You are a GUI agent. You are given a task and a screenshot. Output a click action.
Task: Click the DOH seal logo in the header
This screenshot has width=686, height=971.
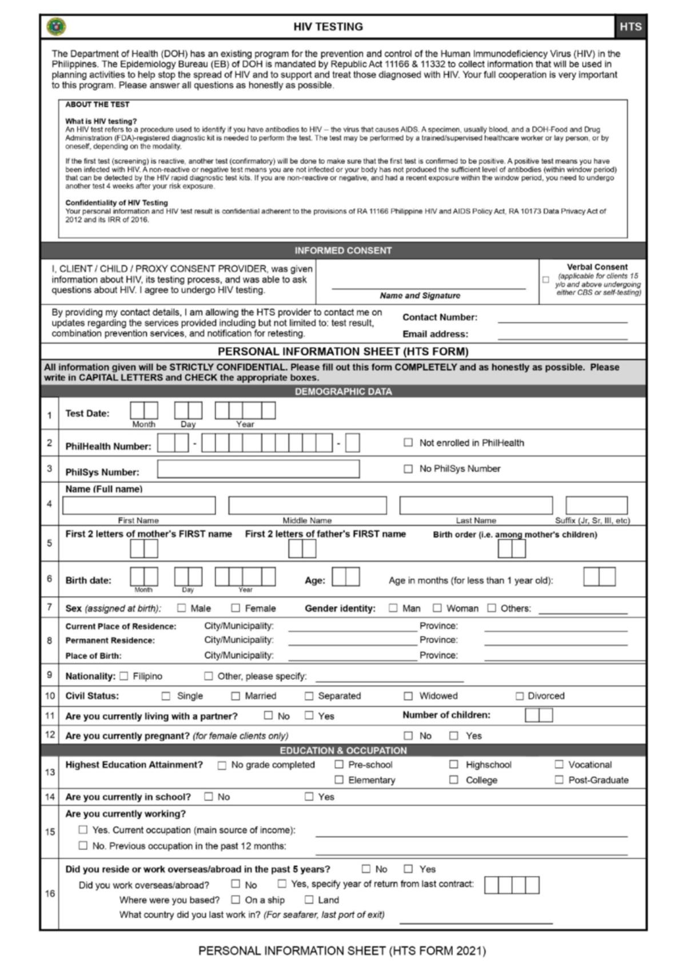(56, 27)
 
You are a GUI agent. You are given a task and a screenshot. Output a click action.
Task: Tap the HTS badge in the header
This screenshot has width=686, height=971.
(630, 27)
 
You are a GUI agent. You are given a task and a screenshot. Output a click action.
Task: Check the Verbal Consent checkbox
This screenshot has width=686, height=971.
(545, 280)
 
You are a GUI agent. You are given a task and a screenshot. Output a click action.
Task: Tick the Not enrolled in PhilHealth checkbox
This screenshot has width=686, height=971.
(408, 443)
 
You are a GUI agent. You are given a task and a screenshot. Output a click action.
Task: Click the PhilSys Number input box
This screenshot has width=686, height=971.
(258, 469)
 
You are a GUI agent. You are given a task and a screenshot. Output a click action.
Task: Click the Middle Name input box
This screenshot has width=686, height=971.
(307, 506)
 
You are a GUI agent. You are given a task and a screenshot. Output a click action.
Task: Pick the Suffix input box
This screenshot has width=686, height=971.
(596, 506)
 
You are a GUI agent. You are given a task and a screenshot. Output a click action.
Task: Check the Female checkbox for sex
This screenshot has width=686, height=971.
(236, 608)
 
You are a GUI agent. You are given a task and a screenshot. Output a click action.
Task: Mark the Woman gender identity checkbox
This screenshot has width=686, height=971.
(437, 608)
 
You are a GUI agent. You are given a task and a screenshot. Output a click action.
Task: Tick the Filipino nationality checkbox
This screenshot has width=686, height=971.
(124, 676)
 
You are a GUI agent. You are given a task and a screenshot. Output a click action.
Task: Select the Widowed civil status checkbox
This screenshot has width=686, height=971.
(408, 696)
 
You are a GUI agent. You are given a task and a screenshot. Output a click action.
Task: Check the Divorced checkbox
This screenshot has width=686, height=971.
(520, 696)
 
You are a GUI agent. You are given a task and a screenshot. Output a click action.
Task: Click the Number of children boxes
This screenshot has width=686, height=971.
(539, 715)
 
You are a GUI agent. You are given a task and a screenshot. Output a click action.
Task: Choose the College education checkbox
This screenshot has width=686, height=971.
(454, 780)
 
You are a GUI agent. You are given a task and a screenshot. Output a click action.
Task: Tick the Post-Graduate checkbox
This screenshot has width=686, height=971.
(559, 780)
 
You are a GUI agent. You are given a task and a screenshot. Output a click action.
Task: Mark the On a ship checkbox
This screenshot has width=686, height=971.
(236, 900)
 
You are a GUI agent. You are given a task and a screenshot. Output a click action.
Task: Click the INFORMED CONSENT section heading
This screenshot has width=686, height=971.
(343, 250)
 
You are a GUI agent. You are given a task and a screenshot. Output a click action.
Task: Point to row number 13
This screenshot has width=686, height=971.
(50, 772)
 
